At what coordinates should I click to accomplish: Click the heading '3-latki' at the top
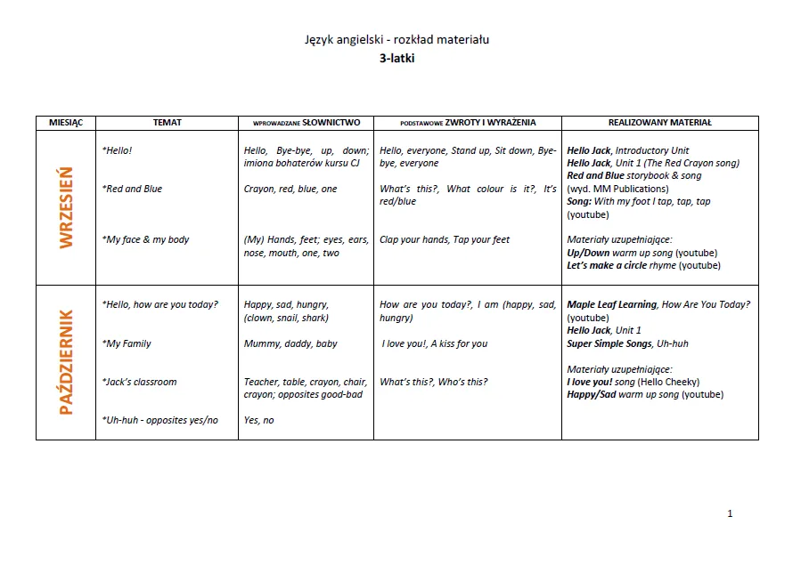pos(396,59)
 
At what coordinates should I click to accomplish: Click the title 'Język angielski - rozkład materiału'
pos(396,40)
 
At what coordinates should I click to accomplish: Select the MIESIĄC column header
pos(65,123)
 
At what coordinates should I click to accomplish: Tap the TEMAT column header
pos(167,123)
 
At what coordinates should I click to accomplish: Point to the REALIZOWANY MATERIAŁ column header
pos(659,123)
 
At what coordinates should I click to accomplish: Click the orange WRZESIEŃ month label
pos(66,208)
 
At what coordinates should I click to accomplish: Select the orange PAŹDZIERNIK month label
pos(66,362)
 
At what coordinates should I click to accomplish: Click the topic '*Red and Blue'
pos(132,189)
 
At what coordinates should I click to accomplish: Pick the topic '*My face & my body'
pos(145,239)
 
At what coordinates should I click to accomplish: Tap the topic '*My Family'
pos(127,343)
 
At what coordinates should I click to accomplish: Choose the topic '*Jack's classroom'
pos(139,382)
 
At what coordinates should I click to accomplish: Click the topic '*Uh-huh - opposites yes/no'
pos(159,420)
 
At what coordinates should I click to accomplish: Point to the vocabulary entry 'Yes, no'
pos(258,420)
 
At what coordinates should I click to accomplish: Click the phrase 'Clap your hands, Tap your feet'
pos(445,239)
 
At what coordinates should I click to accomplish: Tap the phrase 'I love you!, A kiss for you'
pos(435,343)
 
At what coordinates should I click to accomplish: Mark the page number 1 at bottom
pos(730,513)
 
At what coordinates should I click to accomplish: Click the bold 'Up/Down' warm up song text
pos(588,253)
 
